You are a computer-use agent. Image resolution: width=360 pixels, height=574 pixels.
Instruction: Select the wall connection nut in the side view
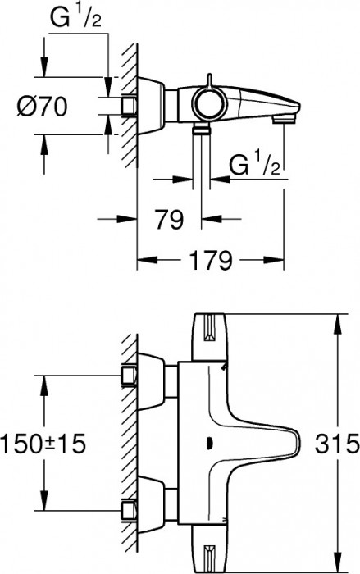[129, 106]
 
